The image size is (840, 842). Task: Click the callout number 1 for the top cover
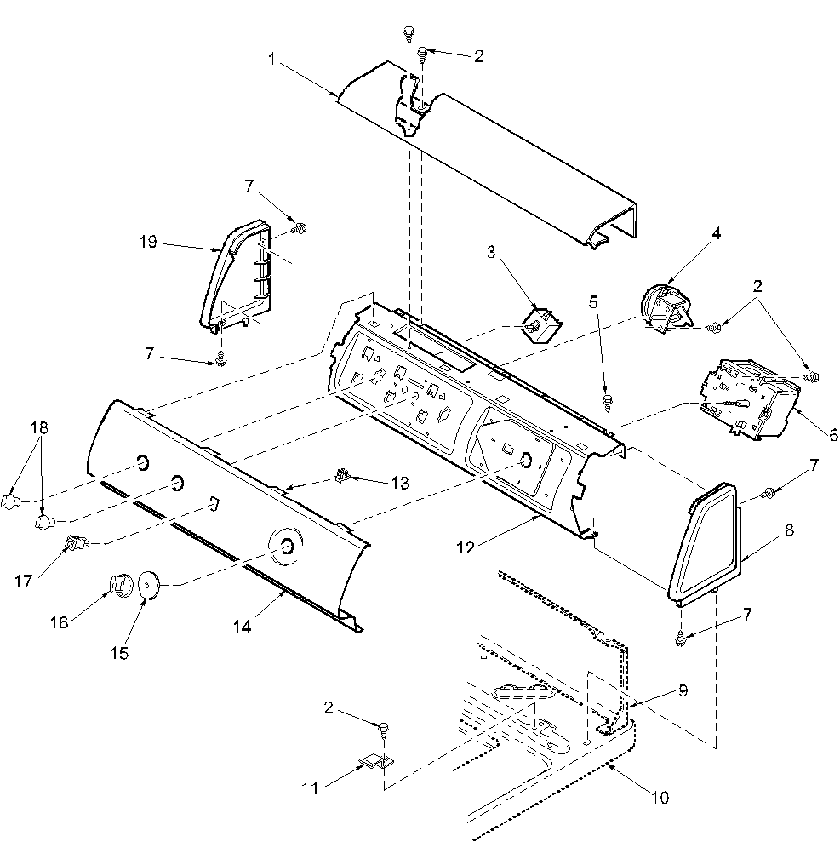pyautogui.click(x=271, y=60)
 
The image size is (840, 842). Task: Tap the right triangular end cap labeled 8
pyautogui.click(x=703, y=540)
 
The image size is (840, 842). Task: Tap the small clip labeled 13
pyautogui.click(x=343, y=475)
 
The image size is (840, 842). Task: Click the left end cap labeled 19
pyautogui.click(x=233, y=274)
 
